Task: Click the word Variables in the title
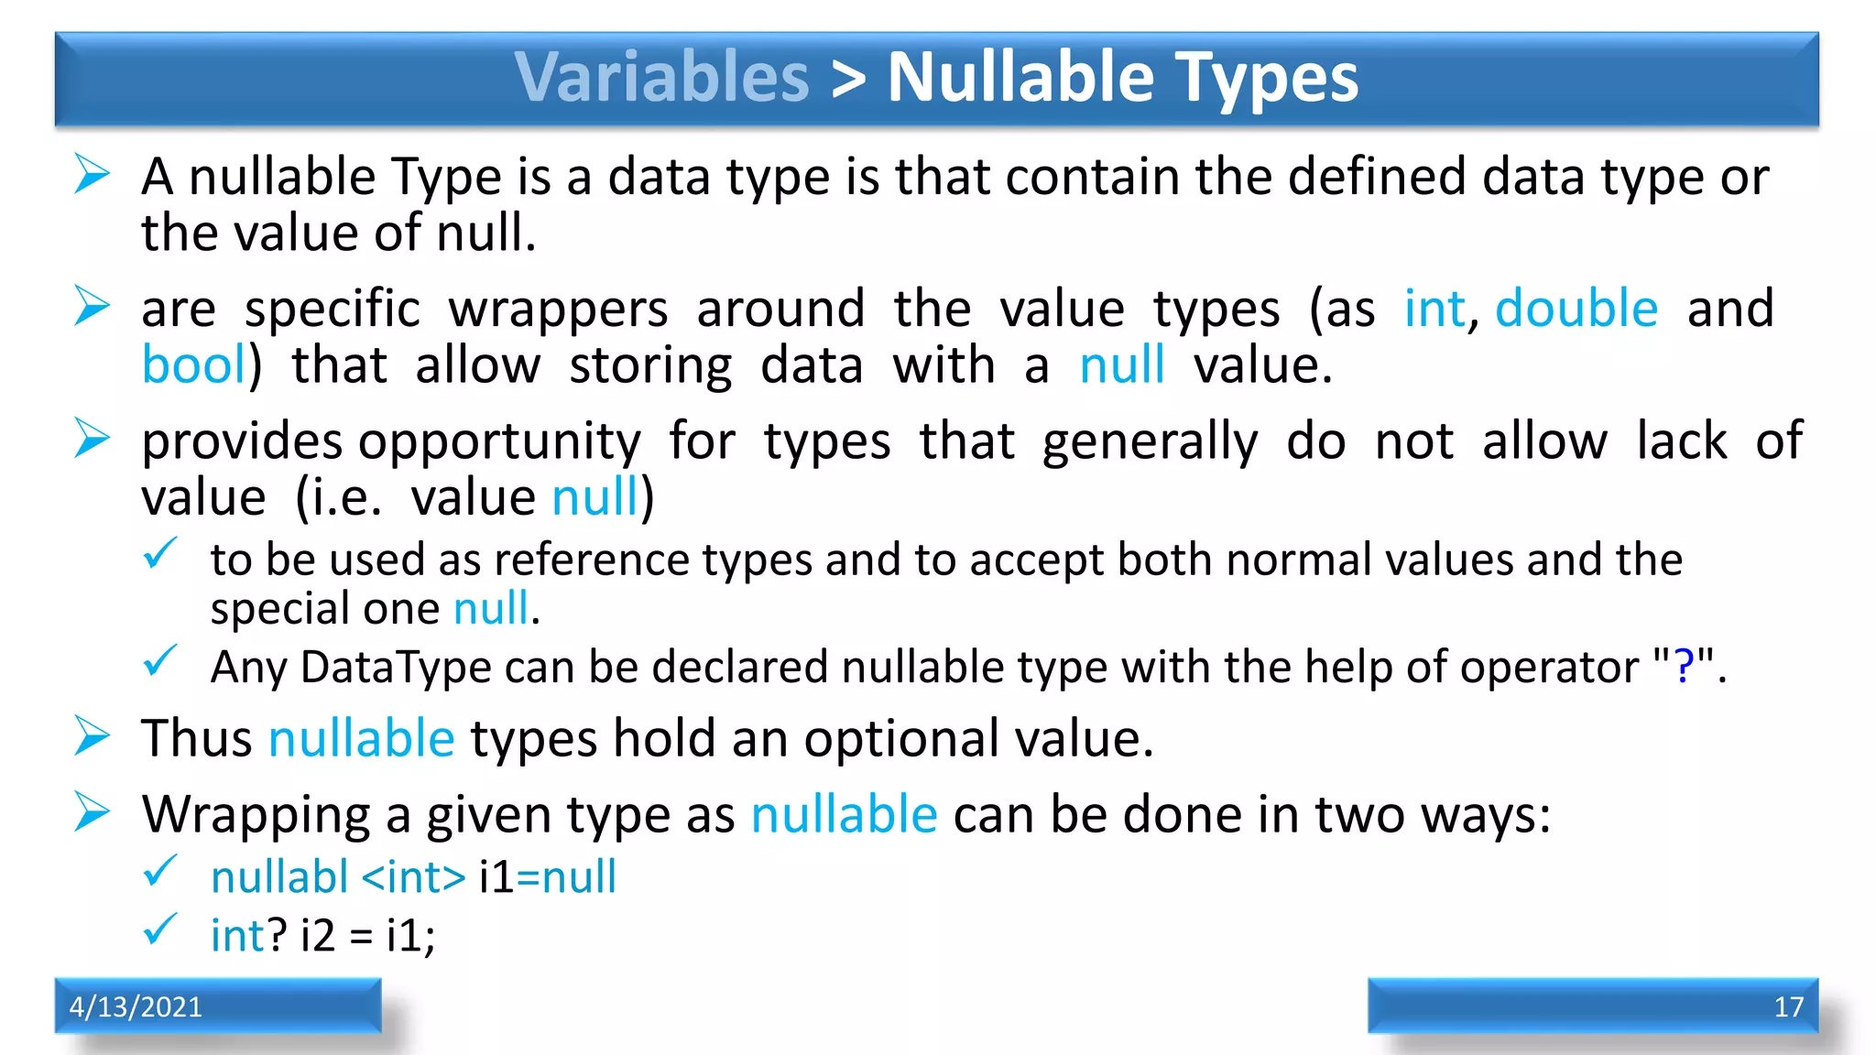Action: tap(661, 77)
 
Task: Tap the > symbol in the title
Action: tap(848, 79)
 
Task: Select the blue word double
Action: tap(1576, 309)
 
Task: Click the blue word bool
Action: tap(194, 365)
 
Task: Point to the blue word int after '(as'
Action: tap(1435, 309)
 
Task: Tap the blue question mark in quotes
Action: tap(1683, 666)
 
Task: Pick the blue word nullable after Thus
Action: tap(361, 738)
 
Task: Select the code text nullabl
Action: tap(279, 877)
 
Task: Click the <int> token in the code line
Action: tap(414, 877)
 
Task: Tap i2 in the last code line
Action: tap(318, 936)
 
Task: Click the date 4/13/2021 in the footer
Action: tap(136, 1006)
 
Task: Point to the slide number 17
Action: tap(1788, 1006)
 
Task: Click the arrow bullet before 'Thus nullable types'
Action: tap(92, 736)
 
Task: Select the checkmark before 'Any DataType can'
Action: tap(160, 660)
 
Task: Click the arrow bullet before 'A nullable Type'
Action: tap(92, 174)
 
